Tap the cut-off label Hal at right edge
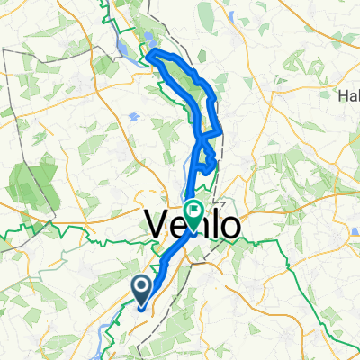(x=348, y=96)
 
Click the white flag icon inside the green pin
(x=193, y=210)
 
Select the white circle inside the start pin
(x=142, y=286)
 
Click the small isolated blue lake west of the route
(x=133, y=117)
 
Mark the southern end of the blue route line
(x=141, y=306)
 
